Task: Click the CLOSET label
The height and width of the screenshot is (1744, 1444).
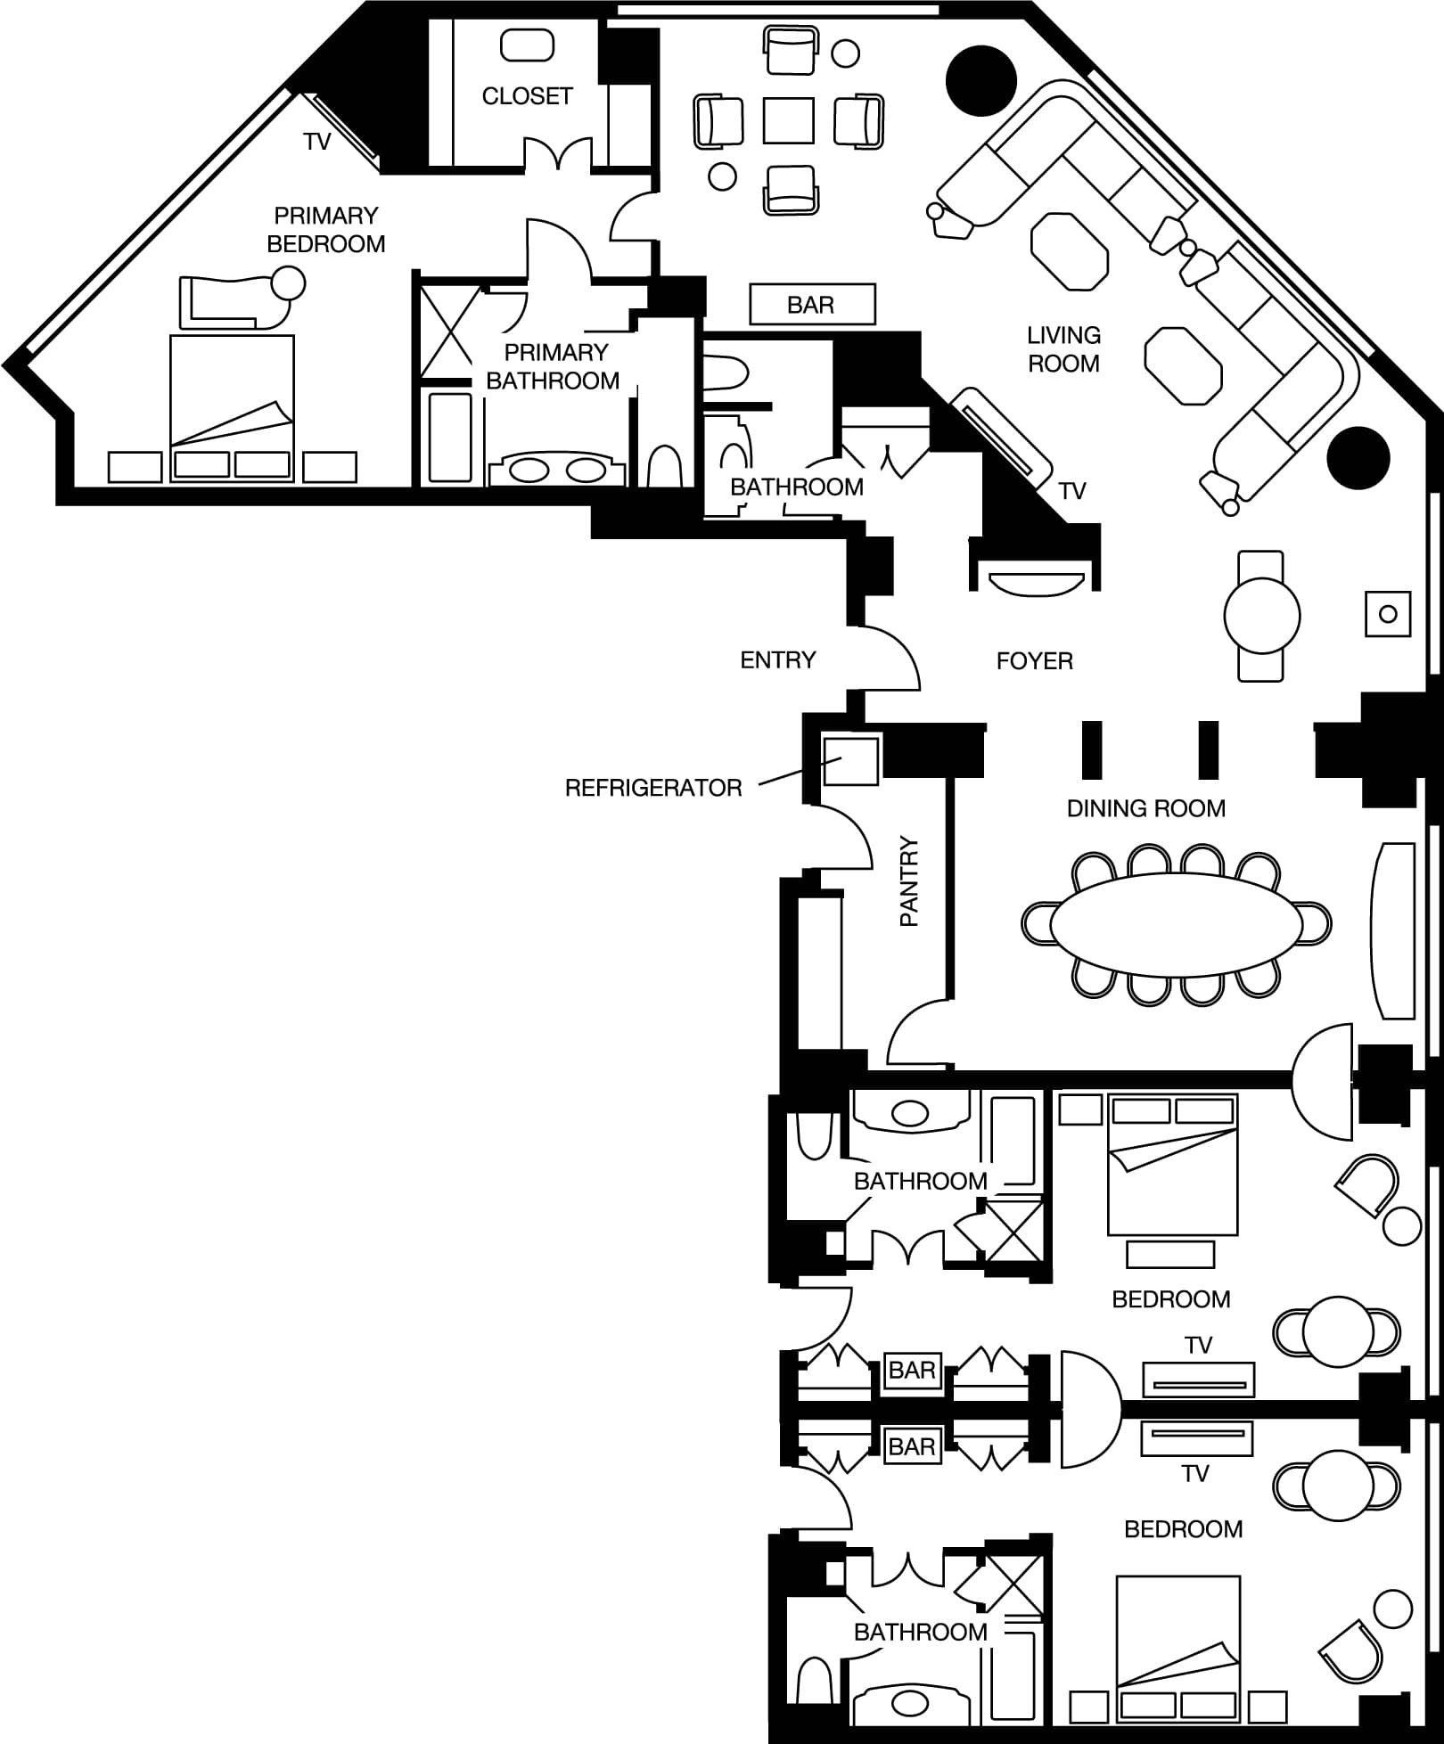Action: pos(527,96)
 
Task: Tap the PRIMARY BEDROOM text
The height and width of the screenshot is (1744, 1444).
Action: pos(326,230)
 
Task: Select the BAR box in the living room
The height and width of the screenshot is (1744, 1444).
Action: pos(812,305)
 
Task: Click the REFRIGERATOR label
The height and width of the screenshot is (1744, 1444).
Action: pos(653,788)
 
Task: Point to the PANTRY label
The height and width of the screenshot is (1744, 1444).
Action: pos(909,880)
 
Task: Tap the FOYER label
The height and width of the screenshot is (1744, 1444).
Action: pos(1034,661)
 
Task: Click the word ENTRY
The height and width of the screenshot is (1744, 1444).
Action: pos(778,660)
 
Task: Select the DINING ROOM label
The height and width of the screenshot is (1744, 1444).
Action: pos(1145,808)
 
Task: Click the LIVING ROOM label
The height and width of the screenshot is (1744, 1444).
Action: pos(1063,349)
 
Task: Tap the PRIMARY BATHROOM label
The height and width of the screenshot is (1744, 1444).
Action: pos(553,366)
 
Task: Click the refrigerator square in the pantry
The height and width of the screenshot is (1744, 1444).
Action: pos(850,759)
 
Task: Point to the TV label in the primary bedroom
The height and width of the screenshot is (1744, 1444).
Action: pos(316,142)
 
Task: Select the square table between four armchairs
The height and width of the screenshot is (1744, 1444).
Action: pos(789,120)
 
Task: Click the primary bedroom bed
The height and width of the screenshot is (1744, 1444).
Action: pos(232,408)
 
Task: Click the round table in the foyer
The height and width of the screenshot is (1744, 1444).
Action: pos(1261,616)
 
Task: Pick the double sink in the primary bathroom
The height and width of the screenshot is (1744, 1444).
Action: pos(557,469)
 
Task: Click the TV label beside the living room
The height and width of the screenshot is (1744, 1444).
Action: pos(1072,491)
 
